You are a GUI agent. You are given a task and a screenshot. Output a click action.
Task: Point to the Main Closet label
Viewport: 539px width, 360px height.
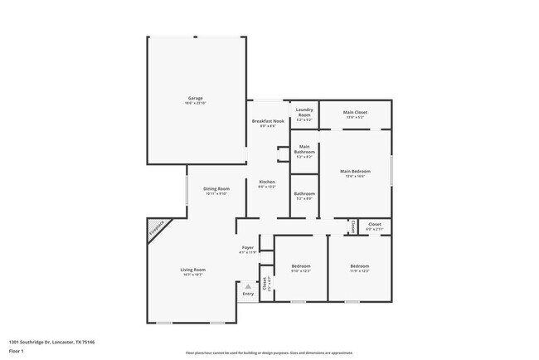pyautogui.click(x=356, y=112)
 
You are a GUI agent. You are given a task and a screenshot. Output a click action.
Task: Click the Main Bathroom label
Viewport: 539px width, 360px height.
pyautogui.click(x=304, y=150)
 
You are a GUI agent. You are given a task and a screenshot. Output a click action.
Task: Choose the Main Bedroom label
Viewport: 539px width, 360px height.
pyautogui.click(x=356, y=172)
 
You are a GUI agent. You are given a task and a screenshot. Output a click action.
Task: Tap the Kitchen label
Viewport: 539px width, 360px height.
pyautogui.click(x=266, y=182)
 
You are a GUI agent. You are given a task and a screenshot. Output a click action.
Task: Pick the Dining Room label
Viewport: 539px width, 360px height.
pyautogui.click(x=216, y=189)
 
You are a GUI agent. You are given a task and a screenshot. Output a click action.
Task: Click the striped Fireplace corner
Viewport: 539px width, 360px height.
pyautogui.click(x=158, y=228)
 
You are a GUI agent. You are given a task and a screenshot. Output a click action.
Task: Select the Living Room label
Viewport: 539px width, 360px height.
pyautogui.click(x=193, y=270)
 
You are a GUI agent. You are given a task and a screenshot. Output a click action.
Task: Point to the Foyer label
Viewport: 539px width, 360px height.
pyautogui.click(x=247, y=247)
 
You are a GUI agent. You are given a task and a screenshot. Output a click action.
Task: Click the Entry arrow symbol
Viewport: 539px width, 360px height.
pyautogui.click(x=247, y=286)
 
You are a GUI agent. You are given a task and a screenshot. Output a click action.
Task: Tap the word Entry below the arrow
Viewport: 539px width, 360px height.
pyautogui.click(x=247, y=294)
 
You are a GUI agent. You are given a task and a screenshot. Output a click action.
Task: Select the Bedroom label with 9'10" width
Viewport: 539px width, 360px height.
pyautogui.click(x=300, y=266)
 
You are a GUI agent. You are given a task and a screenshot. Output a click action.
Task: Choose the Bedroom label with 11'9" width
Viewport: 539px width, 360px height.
pyautogui.click(x=358, y=266)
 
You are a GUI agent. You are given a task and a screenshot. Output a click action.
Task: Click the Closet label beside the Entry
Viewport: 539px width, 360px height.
pyautogui.click(x=265, y=283)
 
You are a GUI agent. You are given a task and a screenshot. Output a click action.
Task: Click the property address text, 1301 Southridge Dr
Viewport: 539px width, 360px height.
pyautogui.click(x=51, y=342)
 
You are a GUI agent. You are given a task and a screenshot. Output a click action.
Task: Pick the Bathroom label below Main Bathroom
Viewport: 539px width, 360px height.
pyautogui.click(x=304, y=194)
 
